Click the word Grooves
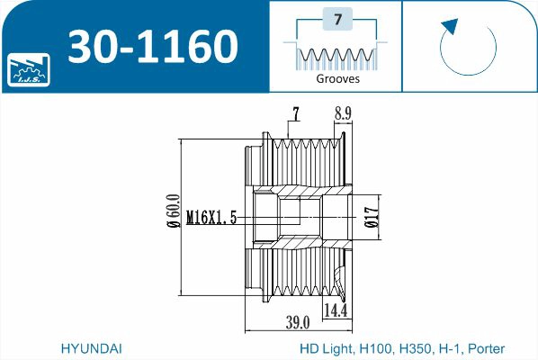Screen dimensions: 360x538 click(x=337, y=78)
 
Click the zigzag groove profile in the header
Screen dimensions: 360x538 click(x=337, y=57)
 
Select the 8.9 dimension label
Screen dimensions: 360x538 click(x=342, y=113)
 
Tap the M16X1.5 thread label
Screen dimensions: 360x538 click(x=211, y=217)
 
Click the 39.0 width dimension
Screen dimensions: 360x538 click(x=298, y=321)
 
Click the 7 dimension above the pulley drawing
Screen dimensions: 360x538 click(x=294, y=113)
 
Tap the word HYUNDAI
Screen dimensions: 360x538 click(x=91, y=347)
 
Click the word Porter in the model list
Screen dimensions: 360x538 click(x=486, y=347)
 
